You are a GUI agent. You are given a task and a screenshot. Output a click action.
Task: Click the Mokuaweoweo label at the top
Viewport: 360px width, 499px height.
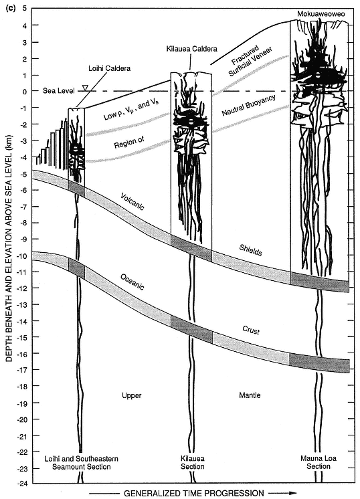click(321, 14)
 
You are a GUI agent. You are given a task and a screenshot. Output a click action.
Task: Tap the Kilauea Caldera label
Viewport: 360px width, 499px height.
click(192, 49)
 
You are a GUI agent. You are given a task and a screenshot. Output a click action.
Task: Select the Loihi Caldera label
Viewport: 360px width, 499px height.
click(109, 68)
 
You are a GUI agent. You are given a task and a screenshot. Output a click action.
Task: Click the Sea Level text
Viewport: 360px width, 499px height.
click(59, 91)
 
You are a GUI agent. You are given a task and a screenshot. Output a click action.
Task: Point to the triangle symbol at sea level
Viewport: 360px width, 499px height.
click(85, 88)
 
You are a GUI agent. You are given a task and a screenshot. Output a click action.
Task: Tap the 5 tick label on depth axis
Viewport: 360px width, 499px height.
click(25, 8)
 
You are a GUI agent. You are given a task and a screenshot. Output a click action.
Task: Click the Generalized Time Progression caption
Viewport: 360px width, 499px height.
click(193, 493)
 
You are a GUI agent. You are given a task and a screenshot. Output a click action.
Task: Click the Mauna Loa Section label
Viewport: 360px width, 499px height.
click(319, 462)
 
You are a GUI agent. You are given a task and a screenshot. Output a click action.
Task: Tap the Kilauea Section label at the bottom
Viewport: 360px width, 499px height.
click(193, 462)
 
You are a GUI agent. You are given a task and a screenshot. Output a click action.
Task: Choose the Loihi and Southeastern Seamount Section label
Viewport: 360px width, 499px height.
click(81, 463)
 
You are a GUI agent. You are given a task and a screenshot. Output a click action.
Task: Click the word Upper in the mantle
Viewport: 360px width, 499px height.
click(131, 395)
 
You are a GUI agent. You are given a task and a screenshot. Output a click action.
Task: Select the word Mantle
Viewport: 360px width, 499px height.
click(250, 395)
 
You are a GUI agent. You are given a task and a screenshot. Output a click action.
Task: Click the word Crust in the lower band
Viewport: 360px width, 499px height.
click(251, 330)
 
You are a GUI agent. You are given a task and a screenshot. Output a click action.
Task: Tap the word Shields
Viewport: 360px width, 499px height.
click(250, 250)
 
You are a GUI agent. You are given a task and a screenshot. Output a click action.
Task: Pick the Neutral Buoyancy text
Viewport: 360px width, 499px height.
click(248, 105)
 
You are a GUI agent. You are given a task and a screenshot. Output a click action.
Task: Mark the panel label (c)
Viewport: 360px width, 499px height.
click(11, 8)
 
